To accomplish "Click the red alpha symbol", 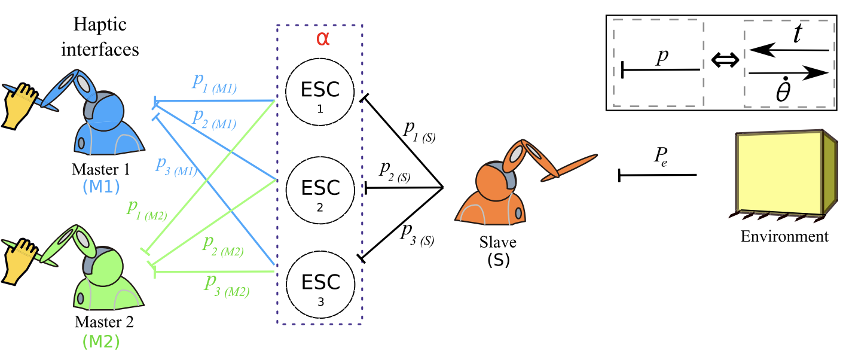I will pyautogui.click(x=322, y=39).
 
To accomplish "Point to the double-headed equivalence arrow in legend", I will pyautogui.click(x=723, y=60).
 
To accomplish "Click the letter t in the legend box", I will pyautogui.click(x=798, y=35).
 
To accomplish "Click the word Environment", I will pyautogui.click(x=784, y=236).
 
